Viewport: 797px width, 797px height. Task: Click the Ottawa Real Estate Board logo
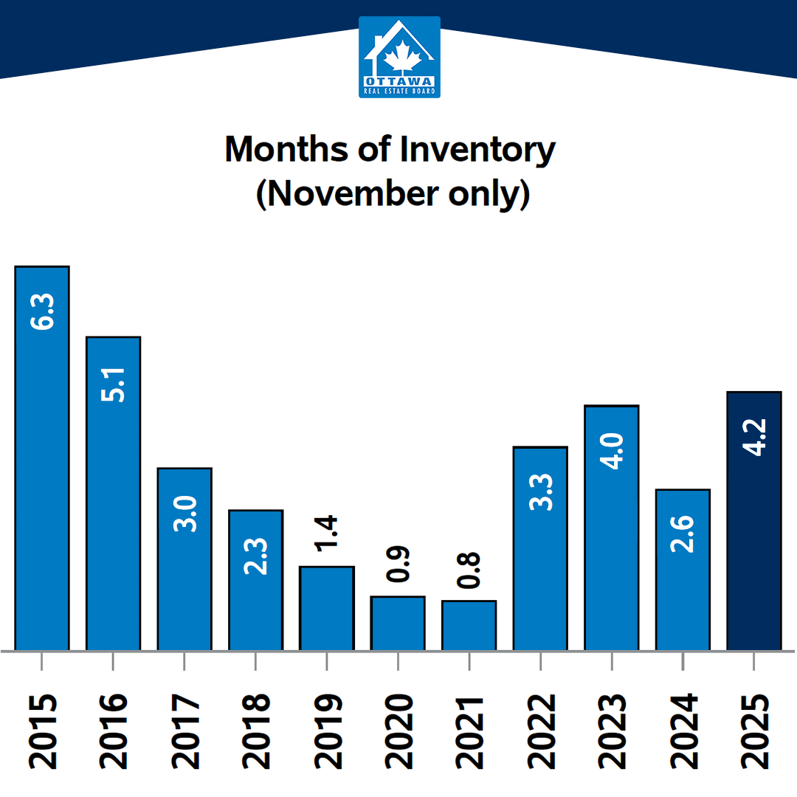click(x=399, y=58)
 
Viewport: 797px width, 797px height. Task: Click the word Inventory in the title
click(x=477, y=150)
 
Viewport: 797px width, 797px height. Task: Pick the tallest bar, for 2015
click(x=42, y=458)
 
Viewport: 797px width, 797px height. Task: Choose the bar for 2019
click(x=327, y=608)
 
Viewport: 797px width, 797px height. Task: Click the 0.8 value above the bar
click(x=469, y=570)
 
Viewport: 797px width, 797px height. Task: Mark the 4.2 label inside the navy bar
click(x=753, y=437)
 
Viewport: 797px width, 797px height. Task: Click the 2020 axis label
click(x=398, y=731)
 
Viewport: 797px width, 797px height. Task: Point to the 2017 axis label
click(x=184, y=731)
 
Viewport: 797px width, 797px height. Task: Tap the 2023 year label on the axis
click(x=612, y=731)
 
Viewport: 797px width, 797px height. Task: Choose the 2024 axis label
click(x=683, y=731)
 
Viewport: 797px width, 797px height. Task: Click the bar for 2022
click(x=540, y=561)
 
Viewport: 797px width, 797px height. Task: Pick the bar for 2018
click(x=255, y=590)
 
